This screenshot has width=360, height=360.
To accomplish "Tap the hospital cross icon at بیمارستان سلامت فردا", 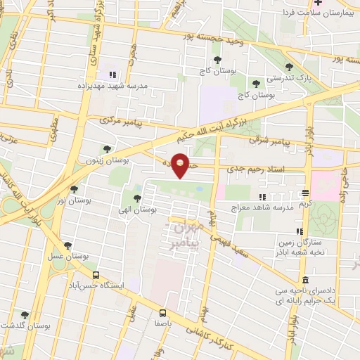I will [280, 4].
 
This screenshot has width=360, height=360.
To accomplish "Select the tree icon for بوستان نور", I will [74, 189].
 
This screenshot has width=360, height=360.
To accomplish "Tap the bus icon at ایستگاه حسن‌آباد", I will [96, 276].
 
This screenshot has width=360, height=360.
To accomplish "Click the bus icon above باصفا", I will [162, 313].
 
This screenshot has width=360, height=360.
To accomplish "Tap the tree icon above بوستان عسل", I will [67, 245].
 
